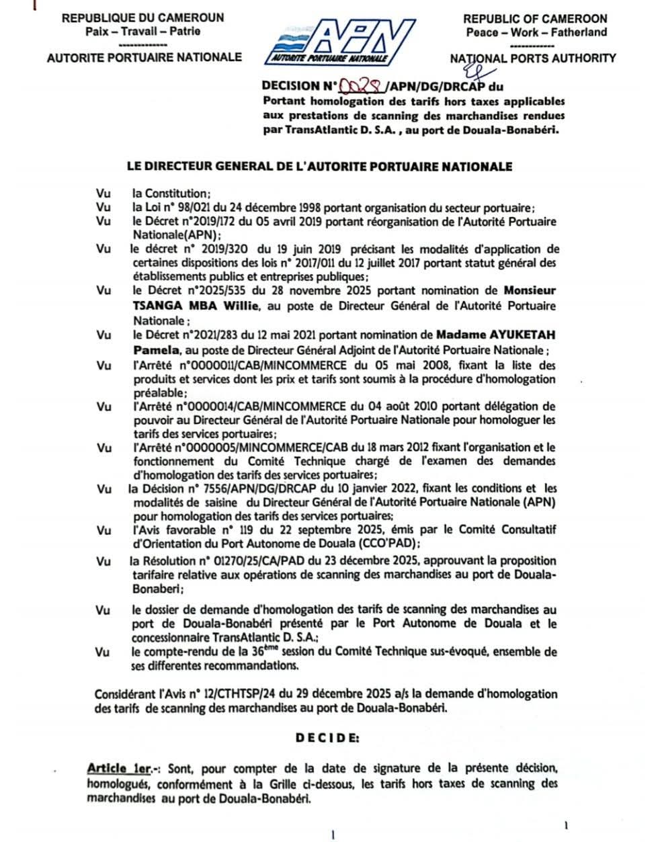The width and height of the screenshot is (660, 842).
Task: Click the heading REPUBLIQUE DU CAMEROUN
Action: click(142, 18)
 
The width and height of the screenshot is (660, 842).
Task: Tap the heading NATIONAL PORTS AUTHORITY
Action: click(532, 58)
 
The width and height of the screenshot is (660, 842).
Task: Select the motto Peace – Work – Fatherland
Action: click(536, 32)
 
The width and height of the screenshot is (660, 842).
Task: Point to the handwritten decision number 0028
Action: click(363, 85)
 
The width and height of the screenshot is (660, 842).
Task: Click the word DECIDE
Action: click(327, 737)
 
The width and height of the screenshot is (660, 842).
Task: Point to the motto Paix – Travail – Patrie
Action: click(142, 31)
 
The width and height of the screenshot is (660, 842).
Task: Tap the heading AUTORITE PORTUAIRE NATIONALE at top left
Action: click(144, 58)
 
